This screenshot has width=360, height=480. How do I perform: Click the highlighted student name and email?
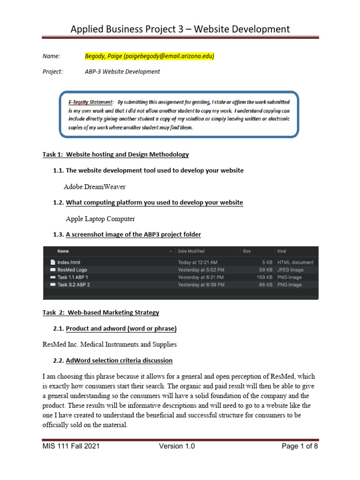pyautogui.click(x=149, y=56)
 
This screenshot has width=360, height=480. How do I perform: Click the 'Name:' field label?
pyautogui.click(x=51, y=56)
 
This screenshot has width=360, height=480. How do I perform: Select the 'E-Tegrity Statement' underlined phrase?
pyautogui.click(x=90, y=102)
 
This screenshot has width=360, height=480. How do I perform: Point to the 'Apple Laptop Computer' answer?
pyautogui.click(x=100, y=218)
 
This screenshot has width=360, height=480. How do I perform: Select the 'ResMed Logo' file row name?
pyautogui.click(x=72, y=270)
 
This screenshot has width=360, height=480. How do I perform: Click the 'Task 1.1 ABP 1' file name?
pyautogui.click(x=73, y=277)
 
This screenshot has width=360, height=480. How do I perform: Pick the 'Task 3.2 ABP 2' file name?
pyautogui.click(x=74, y=285)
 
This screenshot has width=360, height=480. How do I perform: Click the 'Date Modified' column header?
pyautogui.click(x=191, y=251)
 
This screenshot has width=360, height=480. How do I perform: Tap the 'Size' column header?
pyautogui.click(x=247, y=251)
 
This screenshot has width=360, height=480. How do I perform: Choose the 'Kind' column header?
pyautogui.click(x=282, y=251)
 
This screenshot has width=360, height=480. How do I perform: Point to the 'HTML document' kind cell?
pyautogui.click(x=295, y=262)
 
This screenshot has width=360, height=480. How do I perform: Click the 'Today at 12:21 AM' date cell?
pyautogui.click(x=197, y=262)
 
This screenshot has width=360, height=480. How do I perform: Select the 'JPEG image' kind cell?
pyautogui.click(x=291, y=270)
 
